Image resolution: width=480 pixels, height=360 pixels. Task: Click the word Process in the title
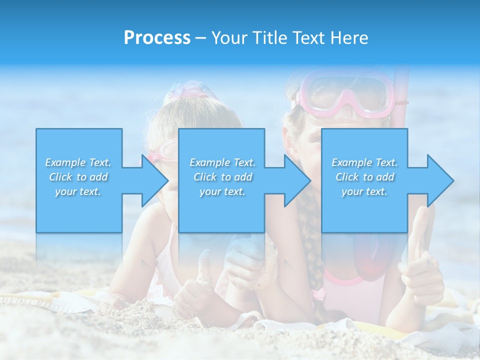[157, 38]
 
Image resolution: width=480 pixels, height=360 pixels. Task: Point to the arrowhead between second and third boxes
[297, 180]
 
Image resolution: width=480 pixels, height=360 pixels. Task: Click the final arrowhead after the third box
[440, 180]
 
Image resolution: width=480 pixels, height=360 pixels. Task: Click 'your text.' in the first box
[78, 191]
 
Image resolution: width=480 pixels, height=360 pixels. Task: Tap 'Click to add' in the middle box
[222, 177]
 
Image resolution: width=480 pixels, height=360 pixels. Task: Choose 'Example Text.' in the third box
[364, 162]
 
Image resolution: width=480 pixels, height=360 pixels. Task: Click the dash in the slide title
[200, 38]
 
